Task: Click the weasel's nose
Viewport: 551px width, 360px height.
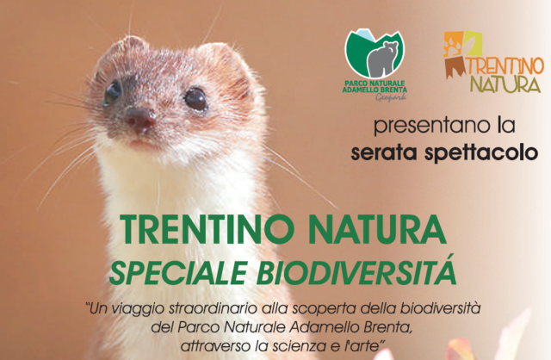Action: pyautogui.click(x=140, y=119)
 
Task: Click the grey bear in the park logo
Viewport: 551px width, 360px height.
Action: pyautogui.click(x=383, y=59)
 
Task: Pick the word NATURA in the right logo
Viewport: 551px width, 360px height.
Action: pyautogui.click(x=505, y=84)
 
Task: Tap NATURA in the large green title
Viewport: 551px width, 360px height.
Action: pyautogui.click(x=377, y=229)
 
